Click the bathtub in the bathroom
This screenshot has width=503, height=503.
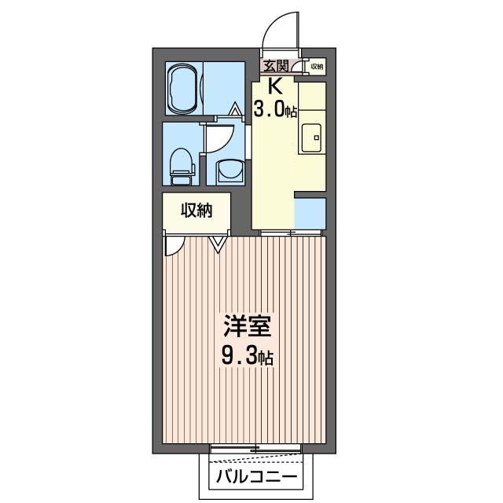183,87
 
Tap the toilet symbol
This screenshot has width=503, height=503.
182,163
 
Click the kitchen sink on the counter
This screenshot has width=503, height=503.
312,140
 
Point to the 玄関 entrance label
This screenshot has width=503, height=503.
275,66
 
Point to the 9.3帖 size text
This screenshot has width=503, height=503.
246,358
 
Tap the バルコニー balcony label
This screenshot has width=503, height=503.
256,476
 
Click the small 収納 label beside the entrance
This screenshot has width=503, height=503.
316,67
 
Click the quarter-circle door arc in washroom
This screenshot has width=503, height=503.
218,138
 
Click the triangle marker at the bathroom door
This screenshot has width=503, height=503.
236,109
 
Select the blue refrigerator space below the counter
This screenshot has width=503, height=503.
310,212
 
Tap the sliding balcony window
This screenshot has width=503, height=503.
256,450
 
